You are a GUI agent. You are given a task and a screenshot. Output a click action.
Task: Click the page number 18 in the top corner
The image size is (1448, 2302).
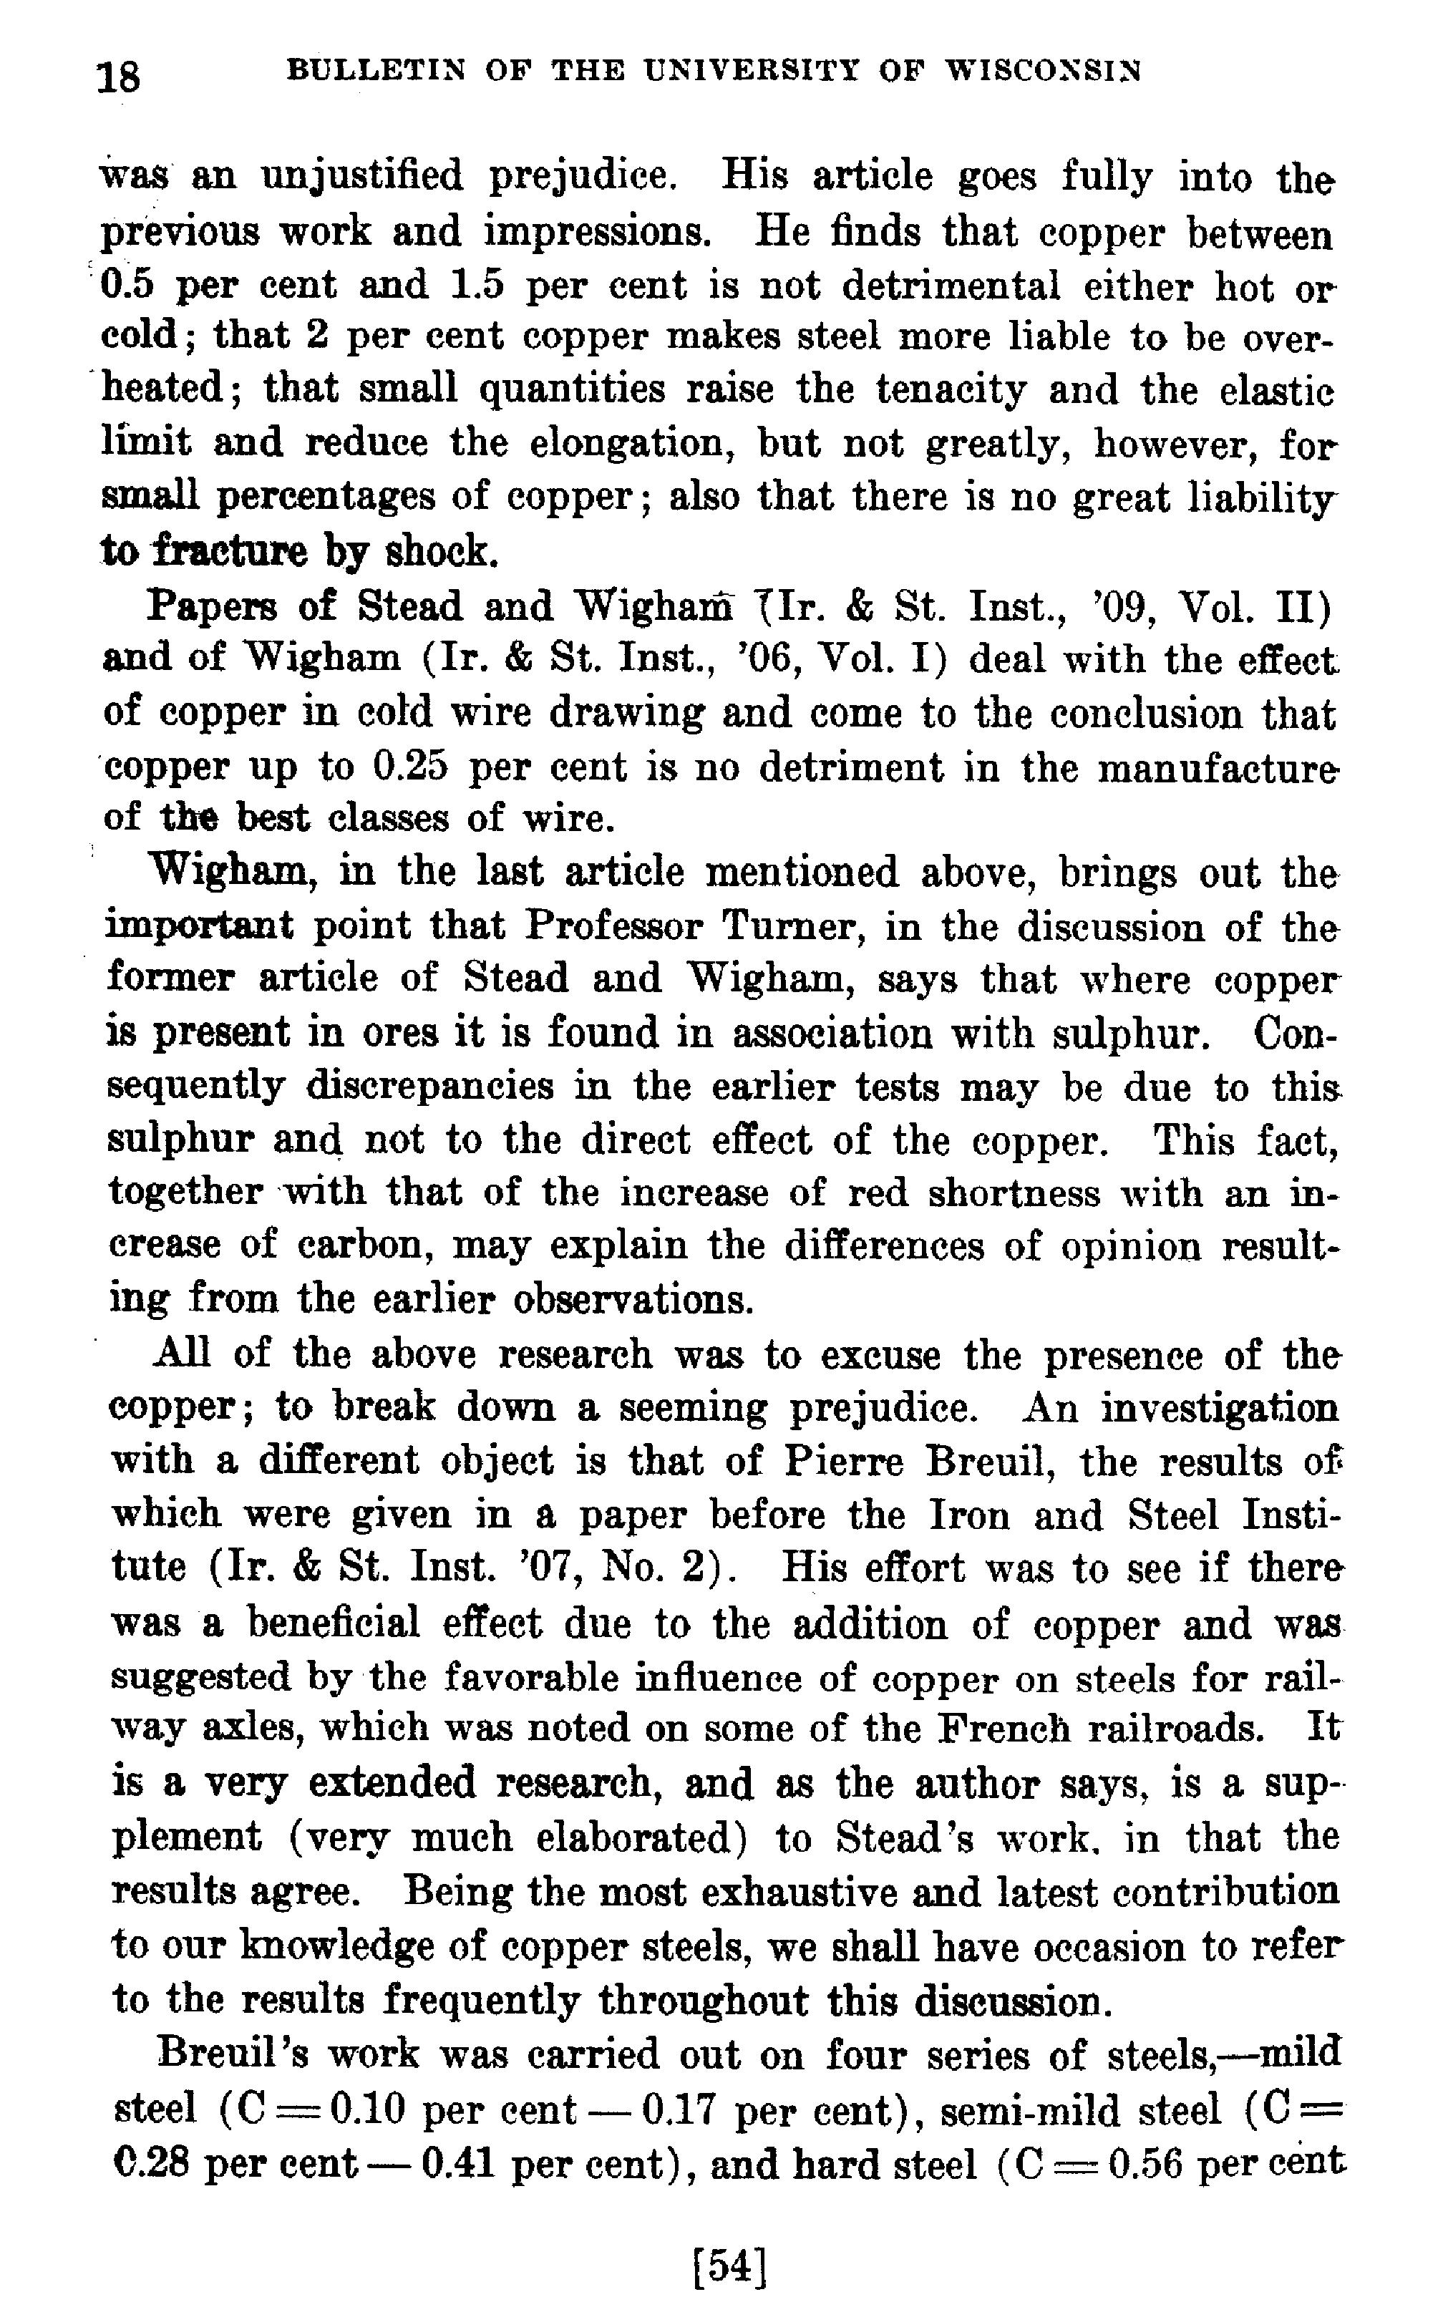(119, 74)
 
